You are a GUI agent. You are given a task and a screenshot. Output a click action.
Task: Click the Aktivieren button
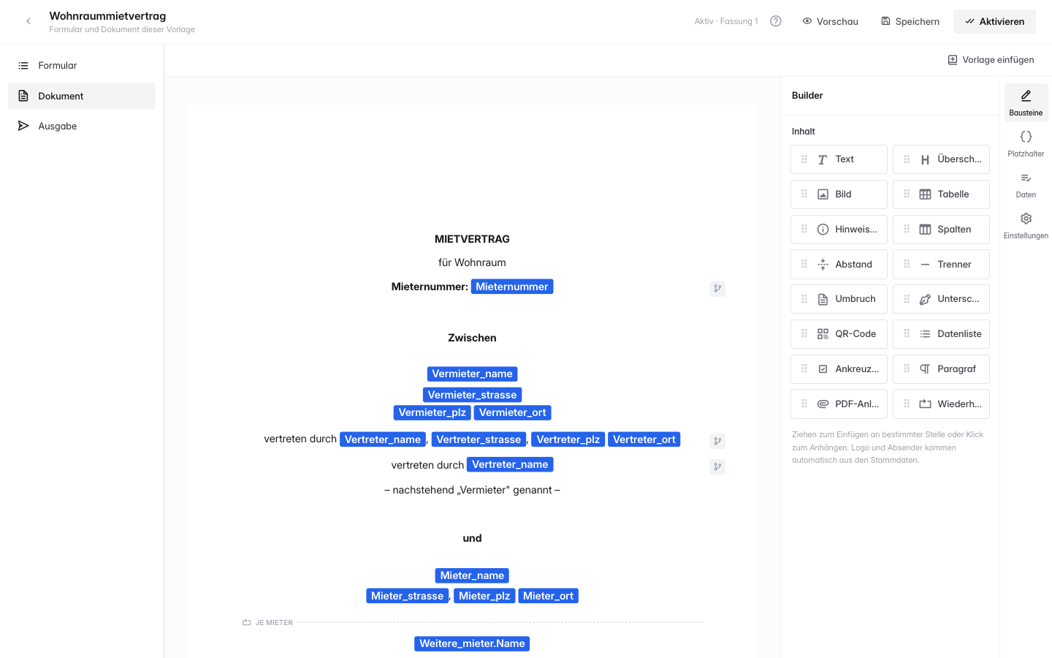[x=994, y=22]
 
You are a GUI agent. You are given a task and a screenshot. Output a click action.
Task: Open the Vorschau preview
[x=830, y=22]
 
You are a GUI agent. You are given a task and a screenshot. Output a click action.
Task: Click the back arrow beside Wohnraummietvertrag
[x=28, y=21]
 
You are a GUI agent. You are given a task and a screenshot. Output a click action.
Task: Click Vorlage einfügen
[x=991, y=60]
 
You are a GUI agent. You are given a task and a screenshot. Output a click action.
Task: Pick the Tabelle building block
[x=941, y=194]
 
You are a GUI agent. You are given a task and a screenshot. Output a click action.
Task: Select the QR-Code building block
[x=839, y=333]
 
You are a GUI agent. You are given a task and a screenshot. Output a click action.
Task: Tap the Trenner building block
[x=941, y=264]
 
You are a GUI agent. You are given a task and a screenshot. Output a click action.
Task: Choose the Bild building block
[x=839, y=194]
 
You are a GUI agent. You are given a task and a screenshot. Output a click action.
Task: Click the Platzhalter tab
[x=1026, y=144]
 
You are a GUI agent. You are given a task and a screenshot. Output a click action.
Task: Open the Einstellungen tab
[x=1026, y=226]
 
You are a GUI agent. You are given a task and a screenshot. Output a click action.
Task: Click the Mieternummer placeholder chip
[x=512, y=287]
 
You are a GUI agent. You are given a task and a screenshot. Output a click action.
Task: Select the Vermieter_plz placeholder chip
[x=432, y=412]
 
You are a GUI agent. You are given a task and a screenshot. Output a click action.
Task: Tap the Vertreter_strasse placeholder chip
[x=479, y=439]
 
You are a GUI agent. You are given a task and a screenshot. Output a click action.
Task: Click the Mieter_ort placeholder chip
[x=548, y=596]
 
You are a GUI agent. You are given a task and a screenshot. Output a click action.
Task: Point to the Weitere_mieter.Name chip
[x=472, y=643]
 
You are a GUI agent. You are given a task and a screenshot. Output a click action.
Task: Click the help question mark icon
[x=776, y=21]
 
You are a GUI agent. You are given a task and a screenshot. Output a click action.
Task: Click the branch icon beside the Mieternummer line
[x=717, y=288]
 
